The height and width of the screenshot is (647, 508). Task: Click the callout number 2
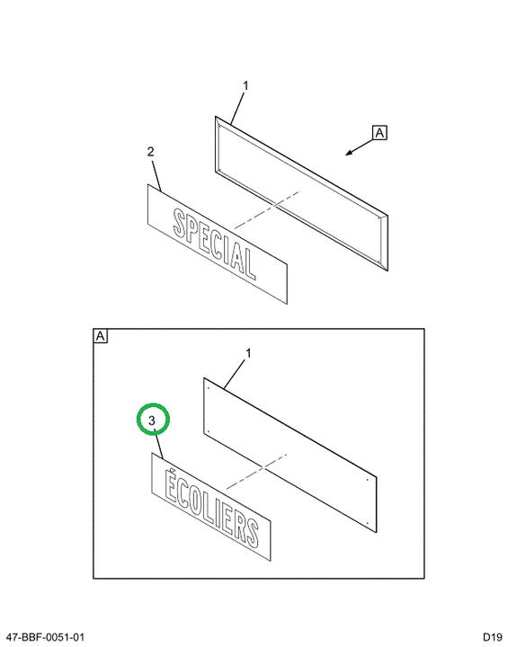pyautogui.click(x=150, y=152)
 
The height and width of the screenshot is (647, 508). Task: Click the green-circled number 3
pyautogui.click(x=152, y=421)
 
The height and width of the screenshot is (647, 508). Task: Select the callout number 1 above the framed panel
pyautogui.click(x=245, y=86)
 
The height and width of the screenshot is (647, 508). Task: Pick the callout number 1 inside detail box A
pyautogui.click(x=248, y=354)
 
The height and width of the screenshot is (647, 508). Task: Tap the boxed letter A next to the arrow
pyautogui.click(x=379, y=133)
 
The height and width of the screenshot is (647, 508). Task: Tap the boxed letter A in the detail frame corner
pyautogui.click(x=101, y=336)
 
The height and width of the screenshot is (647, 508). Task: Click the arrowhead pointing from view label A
pyautogui.click(x=349, y=153)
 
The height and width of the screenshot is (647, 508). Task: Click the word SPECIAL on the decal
pyautogui.click(x=214, y=244)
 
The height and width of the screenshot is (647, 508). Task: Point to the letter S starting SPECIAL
pyautogui.click(x=179, y=223)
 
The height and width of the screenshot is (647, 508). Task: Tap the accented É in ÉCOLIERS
pyautogui.click(x=170, y=485)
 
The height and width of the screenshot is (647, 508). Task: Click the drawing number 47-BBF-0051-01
pyautogui.click(x=46, y=637)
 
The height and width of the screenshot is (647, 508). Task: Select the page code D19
pyautogui.click(x=493, y=637)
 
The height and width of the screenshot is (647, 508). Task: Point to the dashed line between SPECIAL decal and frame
pyautogui.click(x=266, y=209)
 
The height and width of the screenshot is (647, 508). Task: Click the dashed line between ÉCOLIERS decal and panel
pyautogui.click(x=257, y=471)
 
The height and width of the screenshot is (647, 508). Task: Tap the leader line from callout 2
pyautogui.click(x=156, y=176)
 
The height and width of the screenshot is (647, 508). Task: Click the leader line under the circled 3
pyautogui.click(x=159, y=444)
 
